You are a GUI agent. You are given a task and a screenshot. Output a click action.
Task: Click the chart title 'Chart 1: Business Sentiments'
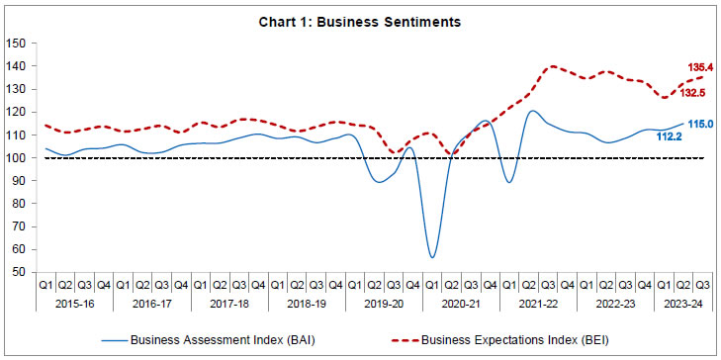point(360,21)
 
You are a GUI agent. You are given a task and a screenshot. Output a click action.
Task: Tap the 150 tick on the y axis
point(15,43)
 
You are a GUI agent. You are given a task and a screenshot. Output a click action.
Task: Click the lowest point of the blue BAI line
point(432,257)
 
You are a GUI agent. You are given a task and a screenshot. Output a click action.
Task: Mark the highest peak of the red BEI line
point(551,66)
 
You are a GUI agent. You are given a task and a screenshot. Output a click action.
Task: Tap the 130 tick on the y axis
point(15,89)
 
